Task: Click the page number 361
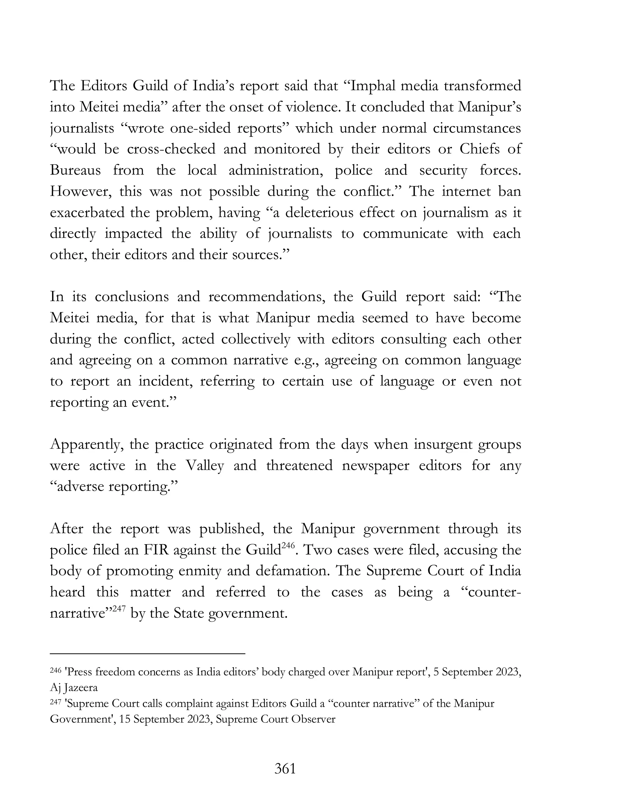coord(285,769)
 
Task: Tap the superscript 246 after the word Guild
coord(288,545)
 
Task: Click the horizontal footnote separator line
coord(147,654)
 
